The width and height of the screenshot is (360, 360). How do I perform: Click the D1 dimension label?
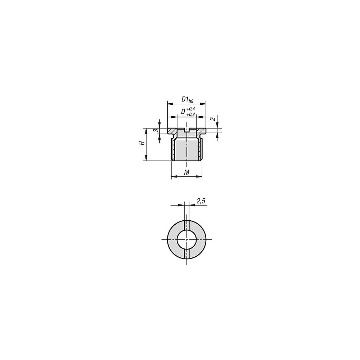185,99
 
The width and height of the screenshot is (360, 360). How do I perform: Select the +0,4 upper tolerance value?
190,109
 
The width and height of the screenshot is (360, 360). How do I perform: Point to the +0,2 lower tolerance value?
190,114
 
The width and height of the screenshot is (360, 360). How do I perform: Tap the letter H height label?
142,143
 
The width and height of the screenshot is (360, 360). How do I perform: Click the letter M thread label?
186,172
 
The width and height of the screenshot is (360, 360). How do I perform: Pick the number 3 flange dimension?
156,130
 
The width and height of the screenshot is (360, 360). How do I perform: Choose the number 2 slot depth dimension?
213,119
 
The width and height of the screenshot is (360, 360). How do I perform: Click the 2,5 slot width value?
201,201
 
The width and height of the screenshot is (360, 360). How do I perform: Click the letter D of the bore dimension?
183,112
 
